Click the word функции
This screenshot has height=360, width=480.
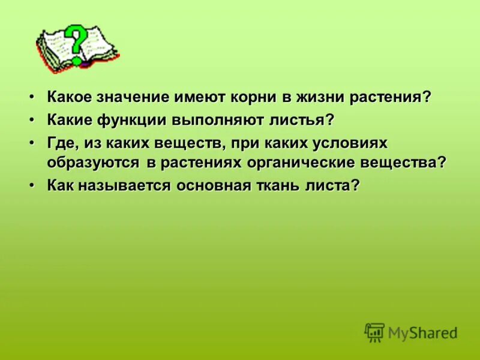pyautogui.click(x=137, y=120)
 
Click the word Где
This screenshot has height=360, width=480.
pyautogui.click(x=62, y=143)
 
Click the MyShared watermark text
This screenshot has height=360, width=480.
pyautogui.click(x=422, y=332)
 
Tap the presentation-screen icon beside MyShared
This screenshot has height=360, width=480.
pyautogui.click(x=374, y=332)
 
